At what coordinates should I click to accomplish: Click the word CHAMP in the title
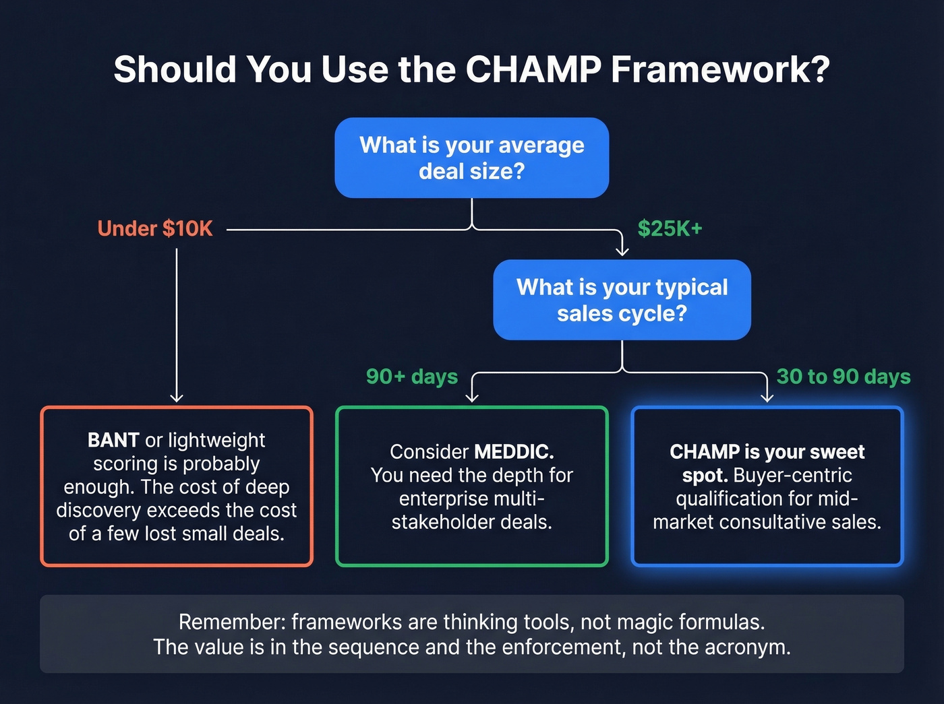click(533, 69)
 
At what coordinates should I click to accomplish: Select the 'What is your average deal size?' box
click(471, 158)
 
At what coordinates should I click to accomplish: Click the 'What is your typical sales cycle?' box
click(622, 300)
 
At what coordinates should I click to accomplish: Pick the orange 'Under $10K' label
click(155, 229)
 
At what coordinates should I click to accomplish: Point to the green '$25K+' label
click(670, 229)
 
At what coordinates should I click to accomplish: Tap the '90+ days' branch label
click(411, 377)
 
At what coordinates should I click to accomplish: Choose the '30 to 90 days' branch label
click(843, 377)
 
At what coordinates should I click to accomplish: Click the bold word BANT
click(113, 441)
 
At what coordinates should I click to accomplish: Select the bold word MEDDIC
click(514, 452)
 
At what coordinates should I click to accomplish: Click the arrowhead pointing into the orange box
click(177, 397)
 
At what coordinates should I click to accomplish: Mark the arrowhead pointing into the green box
click(472, 397)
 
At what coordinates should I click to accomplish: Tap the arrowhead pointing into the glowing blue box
click(767, 397)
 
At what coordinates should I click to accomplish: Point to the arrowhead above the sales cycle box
click(622, 251)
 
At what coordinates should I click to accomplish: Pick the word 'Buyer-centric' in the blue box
click(792, 476)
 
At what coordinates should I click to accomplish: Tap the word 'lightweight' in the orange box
click(216, 441)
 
